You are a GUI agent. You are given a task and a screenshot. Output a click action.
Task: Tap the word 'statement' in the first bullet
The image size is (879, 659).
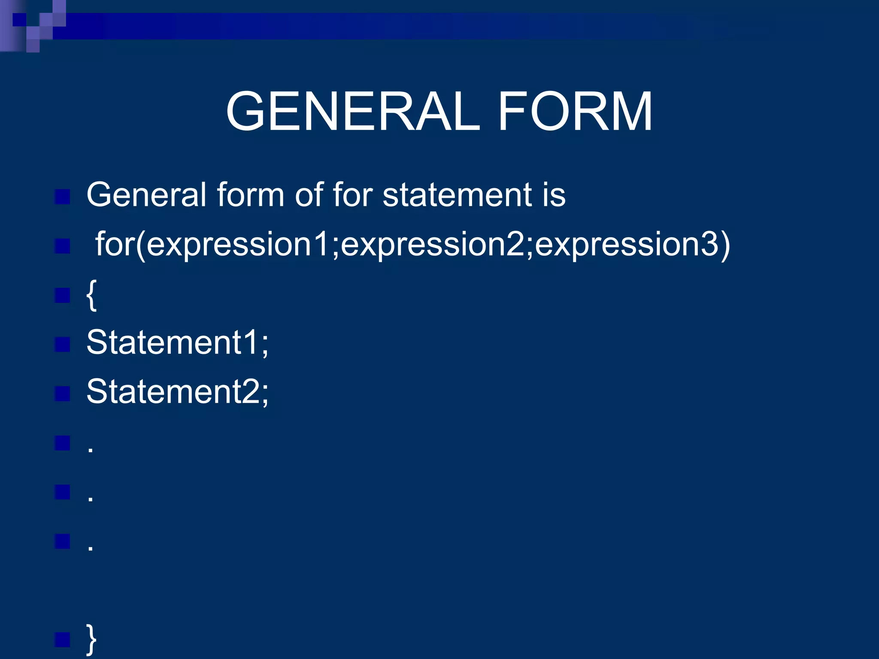coord(458,195)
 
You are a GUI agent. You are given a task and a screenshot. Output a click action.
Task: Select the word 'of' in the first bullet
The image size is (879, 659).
coord(309,195)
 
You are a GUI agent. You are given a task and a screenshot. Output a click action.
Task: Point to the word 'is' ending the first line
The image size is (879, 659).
coord(554,195)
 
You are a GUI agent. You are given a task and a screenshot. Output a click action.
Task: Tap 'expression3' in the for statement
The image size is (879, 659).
coord(627,245)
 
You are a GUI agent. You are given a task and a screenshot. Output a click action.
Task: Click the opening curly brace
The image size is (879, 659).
coord(91,295)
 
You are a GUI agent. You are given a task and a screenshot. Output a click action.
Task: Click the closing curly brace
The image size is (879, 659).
coord(91,640)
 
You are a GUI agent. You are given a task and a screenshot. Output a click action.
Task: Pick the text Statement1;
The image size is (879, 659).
coord(177,343)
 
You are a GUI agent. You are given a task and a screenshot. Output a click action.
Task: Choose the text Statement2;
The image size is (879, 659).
coord(177,392)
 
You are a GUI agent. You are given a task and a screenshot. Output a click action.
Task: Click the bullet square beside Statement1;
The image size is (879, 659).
coord(63,344)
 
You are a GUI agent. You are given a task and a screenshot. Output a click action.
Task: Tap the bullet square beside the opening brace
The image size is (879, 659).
coord(63,295)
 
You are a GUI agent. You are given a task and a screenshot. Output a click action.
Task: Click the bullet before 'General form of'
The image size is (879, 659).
coord(63,197)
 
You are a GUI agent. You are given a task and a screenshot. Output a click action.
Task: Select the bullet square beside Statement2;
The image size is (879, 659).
coord(63,393)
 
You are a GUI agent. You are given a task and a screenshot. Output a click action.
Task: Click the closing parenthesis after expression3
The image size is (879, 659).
coord(724,245)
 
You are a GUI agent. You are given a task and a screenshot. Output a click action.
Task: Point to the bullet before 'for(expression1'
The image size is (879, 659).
coord(63,246)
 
